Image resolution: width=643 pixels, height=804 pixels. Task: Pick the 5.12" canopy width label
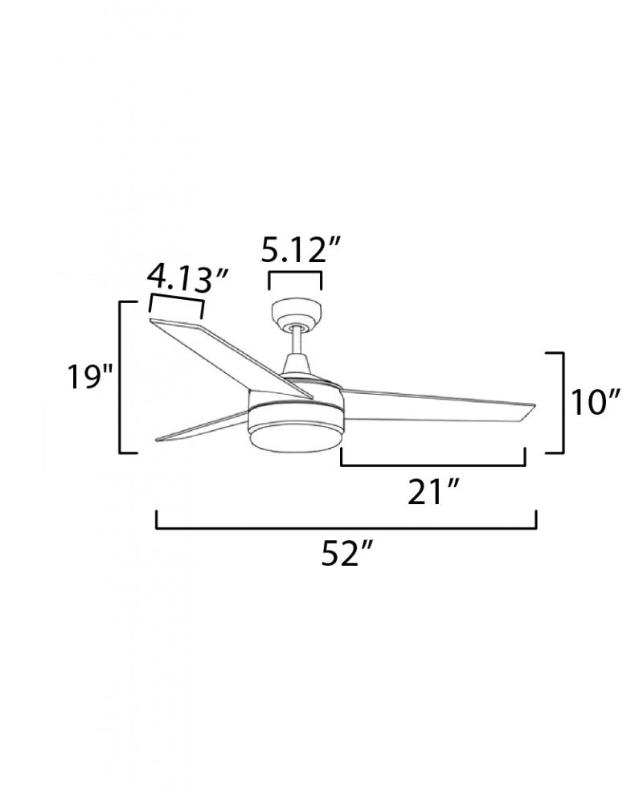click(x=301, y=250)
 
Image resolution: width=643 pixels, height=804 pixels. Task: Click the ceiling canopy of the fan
click(x=297, y=314)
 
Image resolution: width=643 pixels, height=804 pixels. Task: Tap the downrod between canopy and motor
click(x=297, y=341)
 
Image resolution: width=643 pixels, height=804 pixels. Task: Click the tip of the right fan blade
click(x=534, y=405)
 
